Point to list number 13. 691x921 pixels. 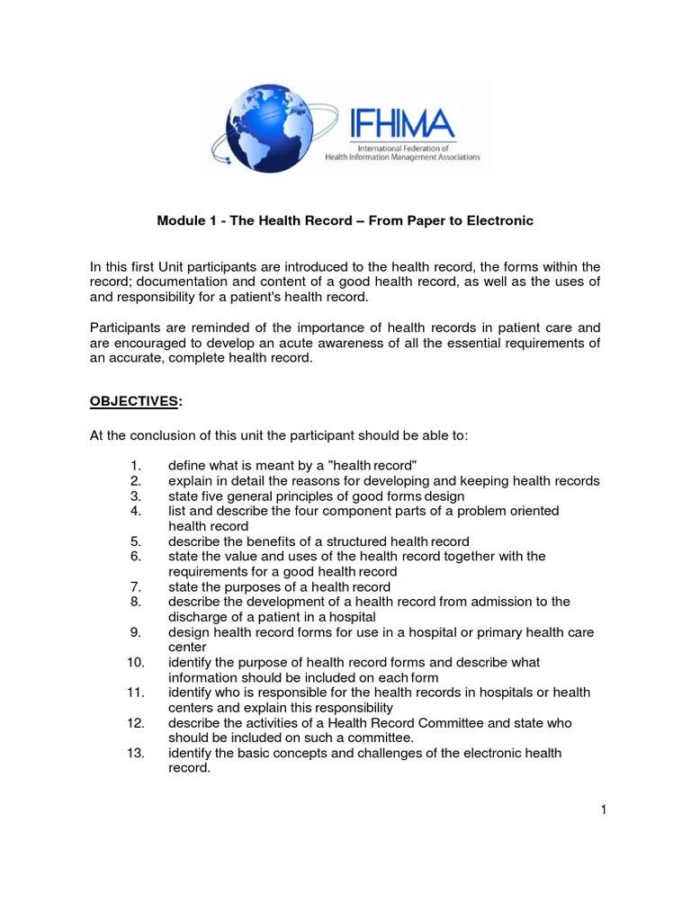(130, 753)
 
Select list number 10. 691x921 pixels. (130, 662)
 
